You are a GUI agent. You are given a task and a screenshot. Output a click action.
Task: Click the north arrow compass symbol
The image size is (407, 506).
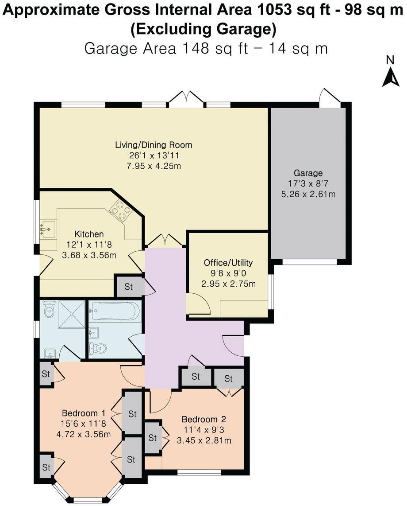pyautogui.click(x=391, y=76)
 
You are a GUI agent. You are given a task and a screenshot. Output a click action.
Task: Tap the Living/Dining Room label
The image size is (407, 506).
pyautogui.click(x=154, y=145)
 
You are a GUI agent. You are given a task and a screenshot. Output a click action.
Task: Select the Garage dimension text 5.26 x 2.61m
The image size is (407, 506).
pyautogui.click(x=308, y=193)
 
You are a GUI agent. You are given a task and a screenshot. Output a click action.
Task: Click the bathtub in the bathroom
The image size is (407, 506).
pyautogui.click(x=115, y=311)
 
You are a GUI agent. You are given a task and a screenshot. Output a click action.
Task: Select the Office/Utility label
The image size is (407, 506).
pyautogui.click(x=228, y=262)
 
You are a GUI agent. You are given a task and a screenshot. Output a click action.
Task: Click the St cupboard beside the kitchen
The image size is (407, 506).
pyautogui.click(x=129, y=286)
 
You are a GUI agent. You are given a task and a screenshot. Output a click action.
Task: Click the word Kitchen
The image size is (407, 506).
pyautogui.click(x=89, y=234)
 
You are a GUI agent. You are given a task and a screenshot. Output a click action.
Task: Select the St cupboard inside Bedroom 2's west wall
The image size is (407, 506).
pyautogui.click(x=153, y=438)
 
